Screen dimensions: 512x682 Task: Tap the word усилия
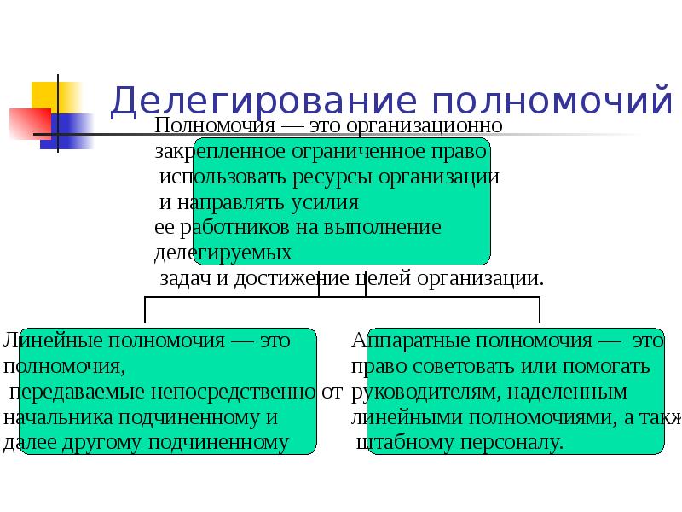pos(325,203)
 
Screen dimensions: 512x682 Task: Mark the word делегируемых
pos(223,253)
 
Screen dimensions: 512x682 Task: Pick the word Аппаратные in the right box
pos(404,341)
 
